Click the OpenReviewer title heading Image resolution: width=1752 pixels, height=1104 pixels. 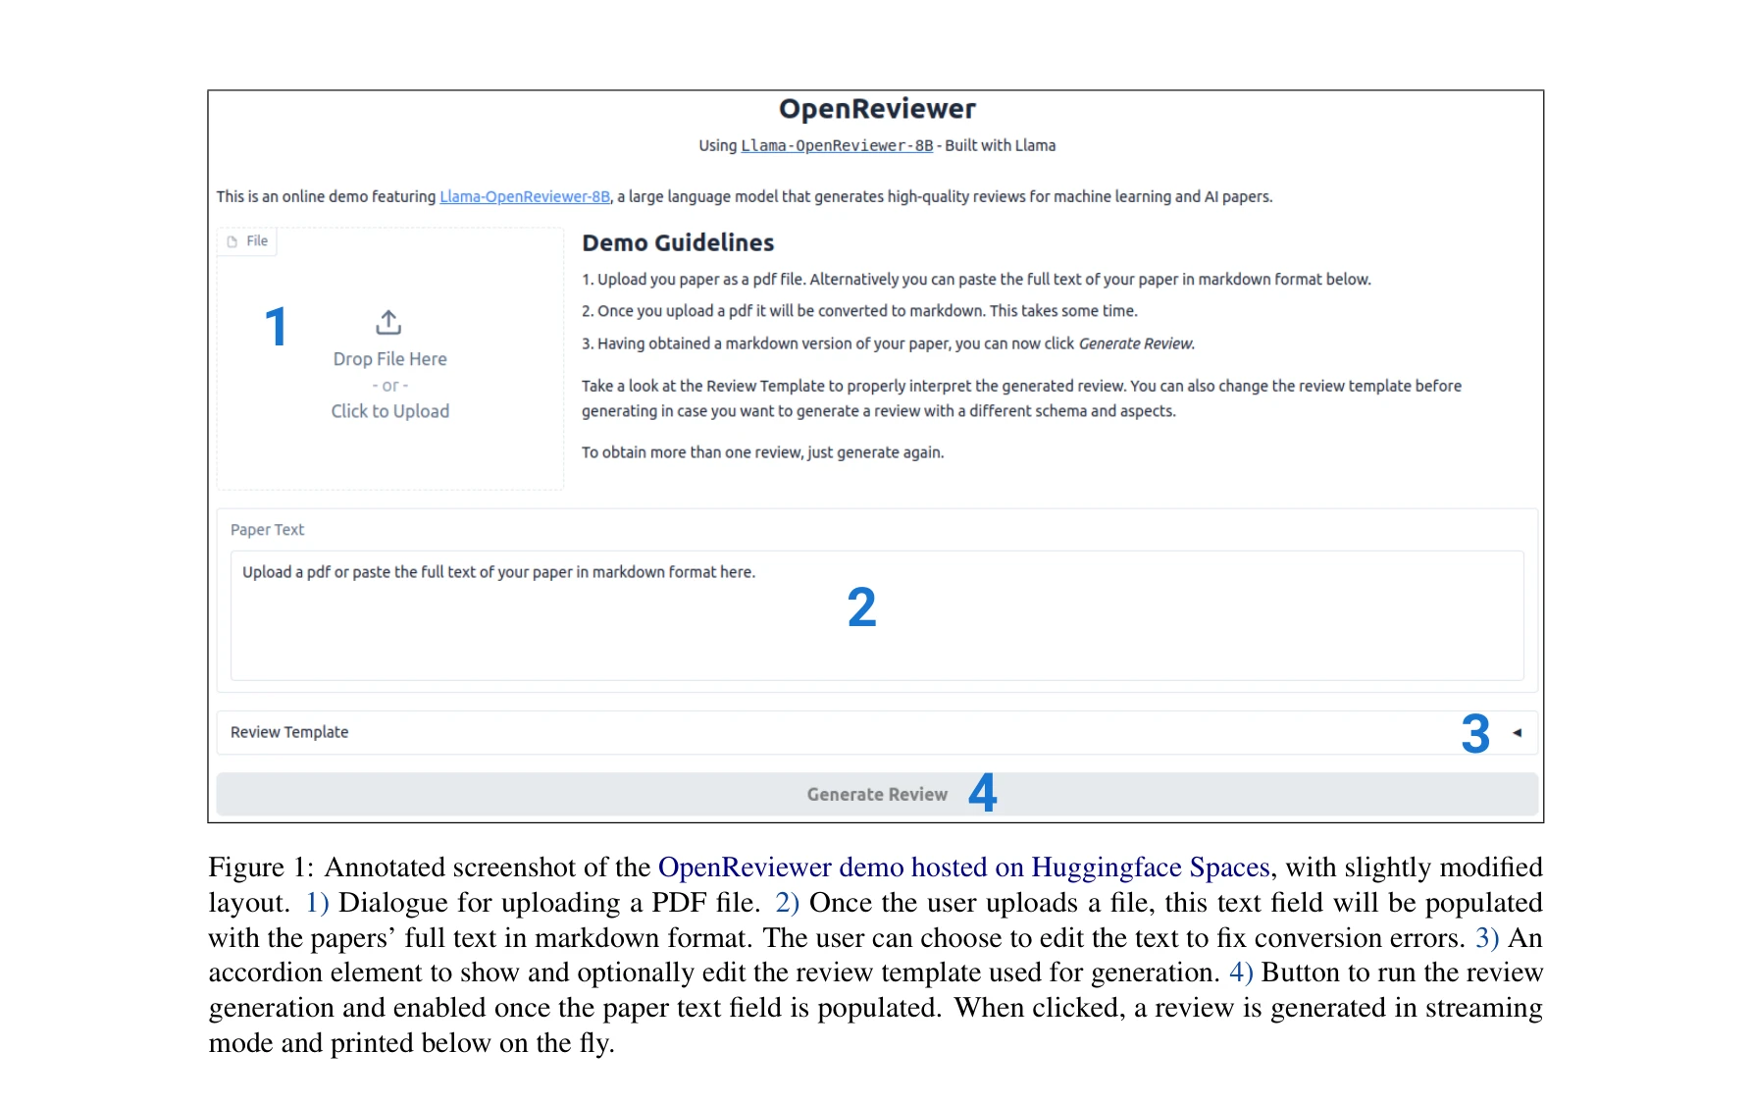pos(877,109)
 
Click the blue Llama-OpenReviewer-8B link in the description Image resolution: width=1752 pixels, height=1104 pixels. pos(525,196)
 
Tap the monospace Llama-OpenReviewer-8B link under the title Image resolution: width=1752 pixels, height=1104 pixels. pos(837,145)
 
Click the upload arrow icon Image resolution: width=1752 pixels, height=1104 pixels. pos(388,322)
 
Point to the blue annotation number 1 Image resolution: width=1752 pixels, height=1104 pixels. pos(277,327)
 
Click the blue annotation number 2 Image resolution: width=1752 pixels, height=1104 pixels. pos(861,607)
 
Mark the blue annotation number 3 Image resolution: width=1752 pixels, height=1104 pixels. pos(1474,734)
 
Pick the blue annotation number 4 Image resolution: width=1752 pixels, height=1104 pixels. pos(983,793)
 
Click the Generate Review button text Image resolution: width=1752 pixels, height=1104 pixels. pos(876,795)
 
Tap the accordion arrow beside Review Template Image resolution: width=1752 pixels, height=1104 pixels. pos(1517,733)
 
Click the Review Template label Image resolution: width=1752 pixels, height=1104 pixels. pos(289,732)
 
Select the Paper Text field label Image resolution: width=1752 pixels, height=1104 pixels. pos(267,530)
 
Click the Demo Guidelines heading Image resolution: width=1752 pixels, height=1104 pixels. pos(678,242)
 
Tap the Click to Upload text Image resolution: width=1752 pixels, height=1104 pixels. pos(389,411)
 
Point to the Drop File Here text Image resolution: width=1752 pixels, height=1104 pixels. pos(389,359)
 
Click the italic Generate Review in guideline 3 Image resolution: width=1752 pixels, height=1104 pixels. pos(1136,343)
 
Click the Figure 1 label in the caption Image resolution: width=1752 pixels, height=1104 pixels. pos(259,867)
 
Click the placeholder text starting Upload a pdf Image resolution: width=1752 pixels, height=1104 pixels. pos(498,572)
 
